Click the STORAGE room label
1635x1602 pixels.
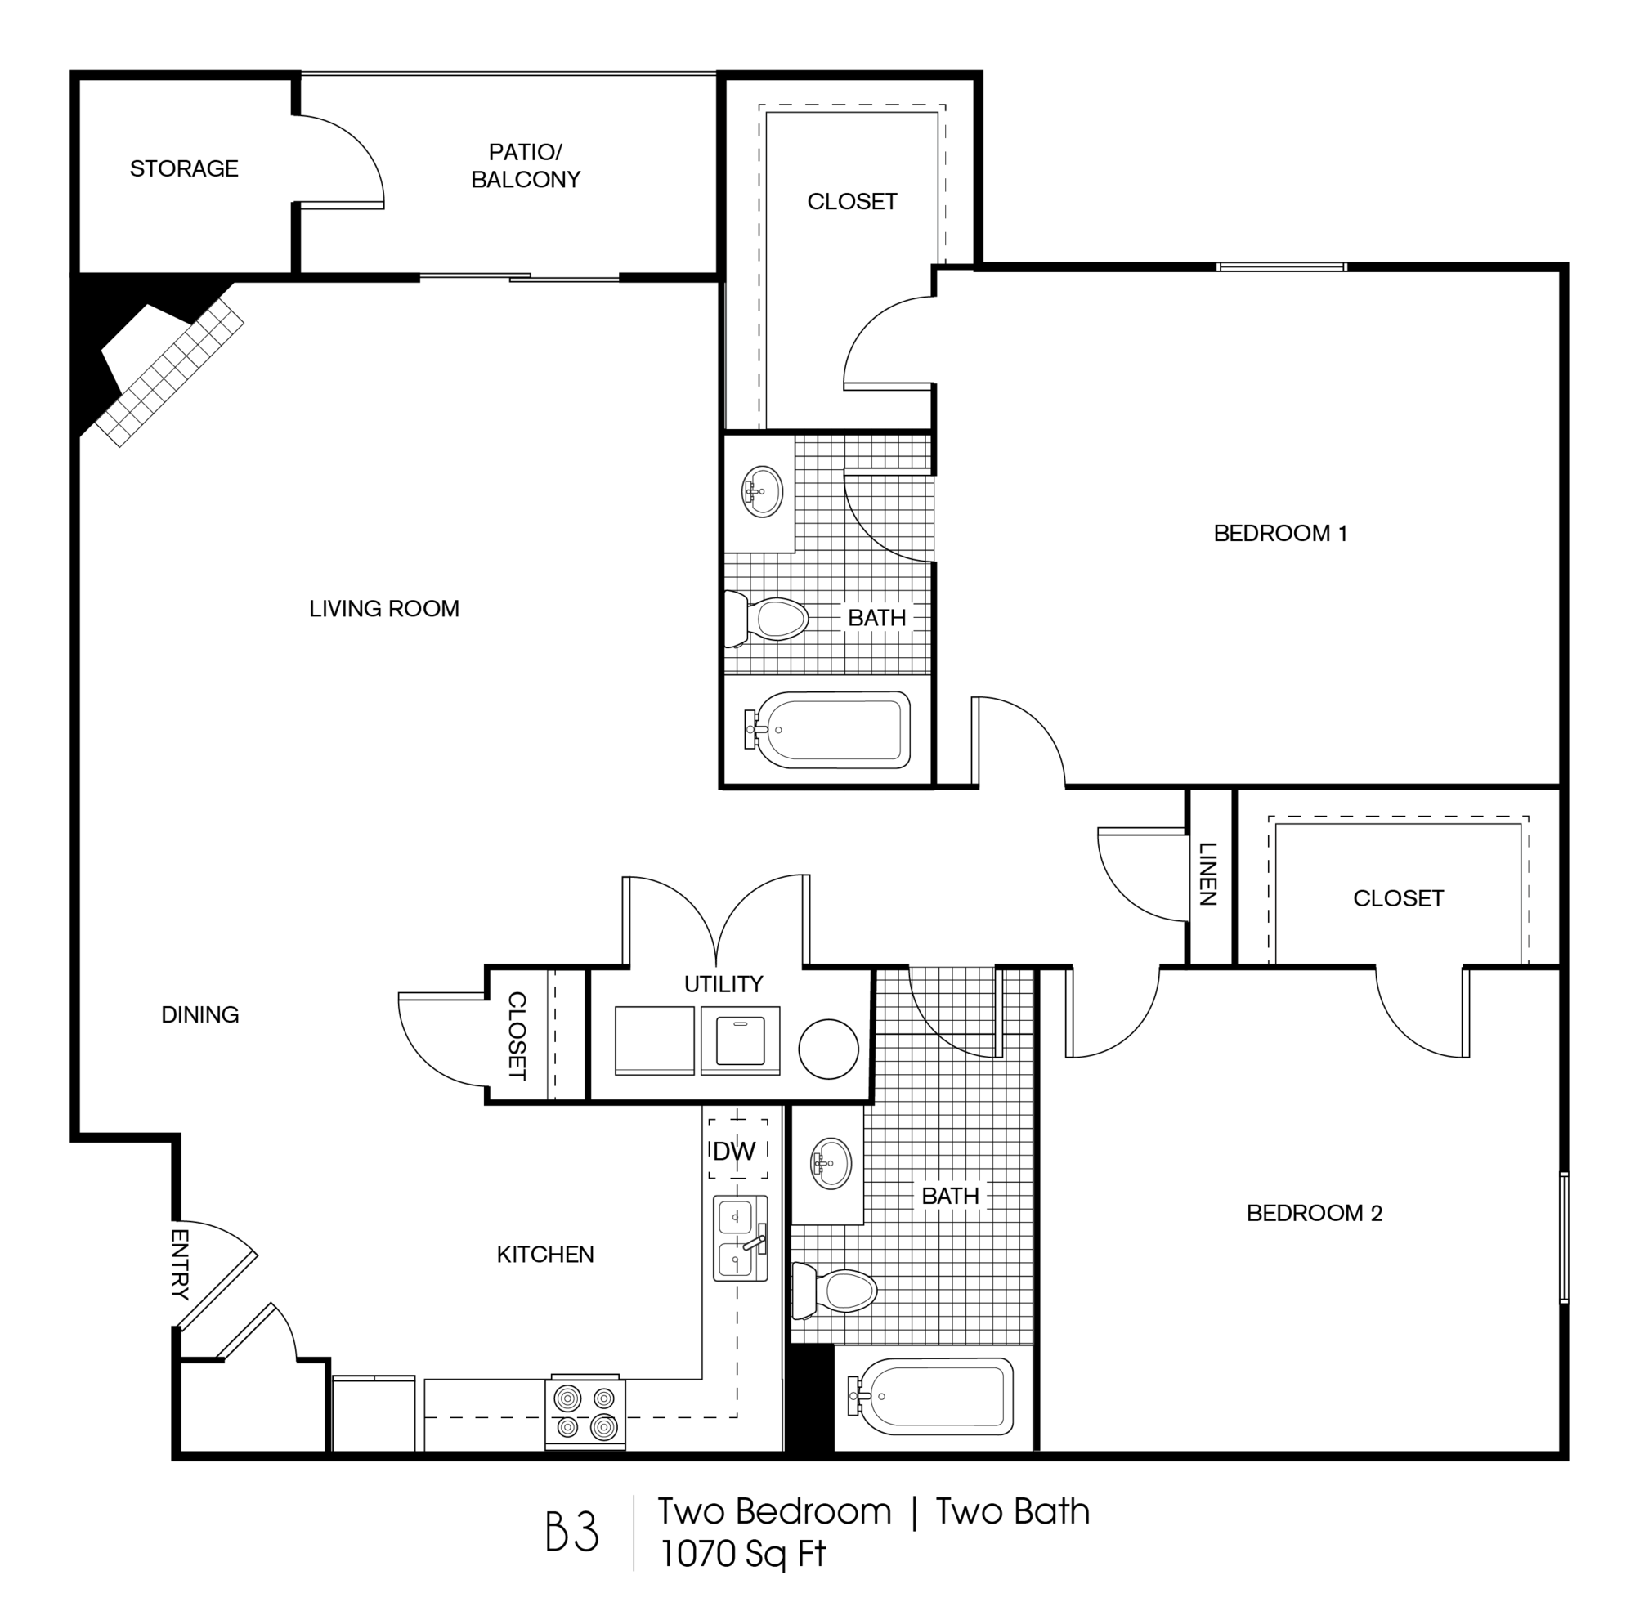point(183,168)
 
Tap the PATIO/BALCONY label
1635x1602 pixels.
point(525,166)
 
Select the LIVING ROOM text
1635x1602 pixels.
point(383,608)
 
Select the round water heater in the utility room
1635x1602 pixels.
point(828,1049)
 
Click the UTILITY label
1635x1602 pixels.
point(723,983)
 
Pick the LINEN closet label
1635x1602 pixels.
point(1207,875)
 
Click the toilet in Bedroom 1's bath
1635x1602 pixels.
point(770,620)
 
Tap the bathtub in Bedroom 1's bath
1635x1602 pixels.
point(829,729)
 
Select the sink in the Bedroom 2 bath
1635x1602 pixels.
point(830,1164)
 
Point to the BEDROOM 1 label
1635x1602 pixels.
point(1280,533)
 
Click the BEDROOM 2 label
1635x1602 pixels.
point(1314,1212)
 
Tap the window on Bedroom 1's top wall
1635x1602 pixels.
point(1282,267)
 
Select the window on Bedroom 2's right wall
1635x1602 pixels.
point(1564,1237)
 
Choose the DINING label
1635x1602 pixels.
point(199,1014)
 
